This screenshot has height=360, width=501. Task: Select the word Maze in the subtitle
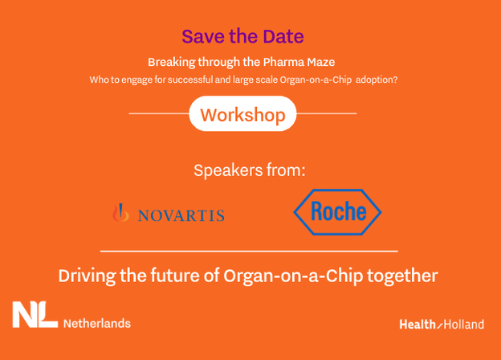pos(321,62)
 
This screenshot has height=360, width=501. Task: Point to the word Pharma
pos(283,62)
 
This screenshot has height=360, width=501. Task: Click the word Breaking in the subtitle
pos(172,63)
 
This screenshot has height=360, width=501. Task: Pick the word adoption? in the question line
pos(377,80)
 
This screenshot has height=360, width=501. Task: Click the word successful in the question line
pos(190,80)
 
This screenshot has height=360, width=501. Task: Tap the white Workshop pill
pos(242,114)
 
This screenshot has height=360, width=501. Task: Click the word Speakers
pos(228,170)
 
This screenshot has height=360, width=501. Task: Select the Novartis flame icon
pos(120,213)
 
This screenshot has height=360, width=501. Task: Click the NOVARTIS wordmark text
pos(181,215)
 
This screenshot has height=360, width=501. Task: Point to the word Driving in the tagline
pos(87,276)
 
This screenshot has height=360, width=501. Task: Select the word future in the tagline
pos(175,276)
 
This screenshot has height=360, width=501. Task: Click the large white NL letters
pos(35,315)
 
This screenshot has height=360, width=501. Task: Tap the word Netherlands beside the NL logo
pos(97,324)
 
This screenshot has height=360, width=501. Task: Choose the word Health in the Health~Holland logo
pos(417,325)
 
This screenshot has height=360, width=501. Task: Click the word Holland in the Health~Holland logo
pos(463,325)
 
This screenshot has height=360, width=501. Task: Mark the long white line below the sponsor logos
pos(249,252)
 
